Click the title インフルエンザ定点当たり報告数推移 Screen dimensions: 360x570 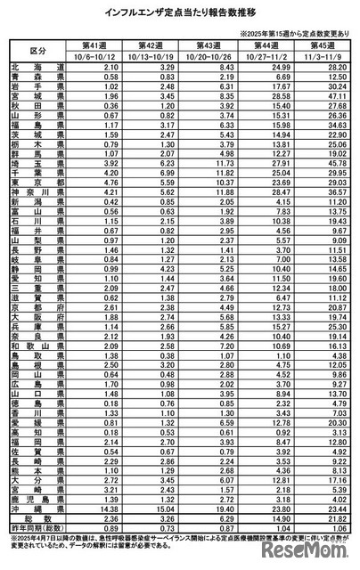coord(179,12)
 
